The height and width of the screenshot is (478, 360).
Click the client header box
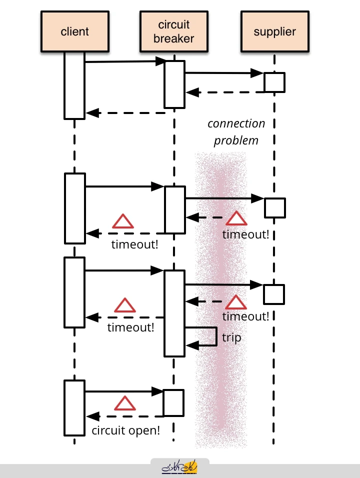click(75, 31)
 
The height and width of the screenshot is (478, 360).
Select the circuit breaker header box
click(174, 31)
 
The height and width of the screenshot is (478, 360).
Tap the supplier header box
click(275, 31)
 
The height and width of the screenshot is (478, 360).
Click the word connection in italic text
click(236, 123)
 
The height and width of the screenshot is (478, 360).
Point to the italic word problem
click(236, 140)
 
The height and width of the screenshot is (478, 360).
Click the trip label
click(231, 337)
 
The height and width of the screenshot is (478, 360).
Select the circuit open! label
click(126, 430)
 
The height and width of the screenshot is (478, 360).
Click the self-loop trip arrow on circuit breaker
click(216, 336)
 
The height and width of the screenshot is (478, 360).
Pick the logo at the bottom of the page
click(179, 466)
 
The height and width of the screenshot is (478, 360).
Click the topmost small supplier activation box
click(274, 82)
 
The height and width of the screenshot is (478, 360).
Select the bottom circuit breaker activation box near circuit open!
click(173, 402)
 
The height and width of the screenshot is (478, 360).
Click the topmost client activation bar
click(74, 85)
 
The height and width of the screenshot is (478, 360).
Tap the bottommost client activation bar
click(74, 408)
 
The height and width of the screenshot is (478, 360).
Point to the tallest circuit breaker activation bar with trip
click(174, 313)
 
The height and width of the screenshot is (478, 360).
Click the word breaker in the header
click(174, 38)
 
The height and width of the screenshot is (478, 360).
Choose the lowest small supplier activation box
click(274, 294)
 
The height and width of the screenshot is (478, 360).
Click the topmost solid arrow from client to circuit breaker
click(125, 61)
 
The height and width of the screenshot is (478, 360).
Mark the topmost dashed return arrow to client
click(125, 113)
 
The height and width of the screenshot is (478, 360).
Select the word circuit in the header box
click(174, 24)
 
